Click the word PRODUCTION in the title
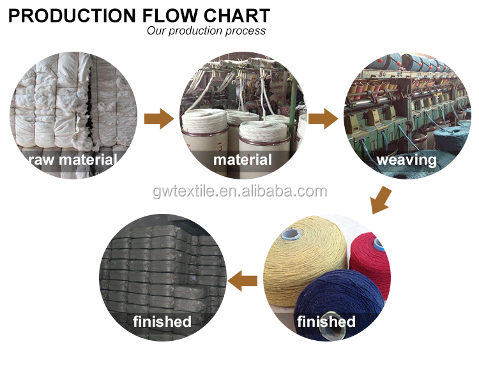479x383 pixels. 72,15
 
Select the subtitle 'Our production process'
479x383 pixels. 206,31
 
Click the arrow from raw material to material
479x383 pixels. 159,119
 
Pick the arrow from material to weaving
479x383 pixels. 323,119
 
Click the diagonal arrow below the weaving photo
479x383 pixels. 381,200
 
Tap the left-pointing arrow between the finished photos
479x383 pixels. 243,281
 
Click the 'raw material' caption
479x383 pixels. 72,160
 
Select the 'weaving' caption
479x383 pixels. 407,160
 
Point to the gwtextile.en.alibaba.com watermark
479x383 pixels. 240,191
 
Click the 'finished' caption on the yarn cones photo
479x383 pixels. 326,321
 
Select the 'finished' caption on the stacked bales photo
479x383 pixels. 162,321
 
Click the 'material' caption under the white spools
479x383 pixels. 243,160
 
